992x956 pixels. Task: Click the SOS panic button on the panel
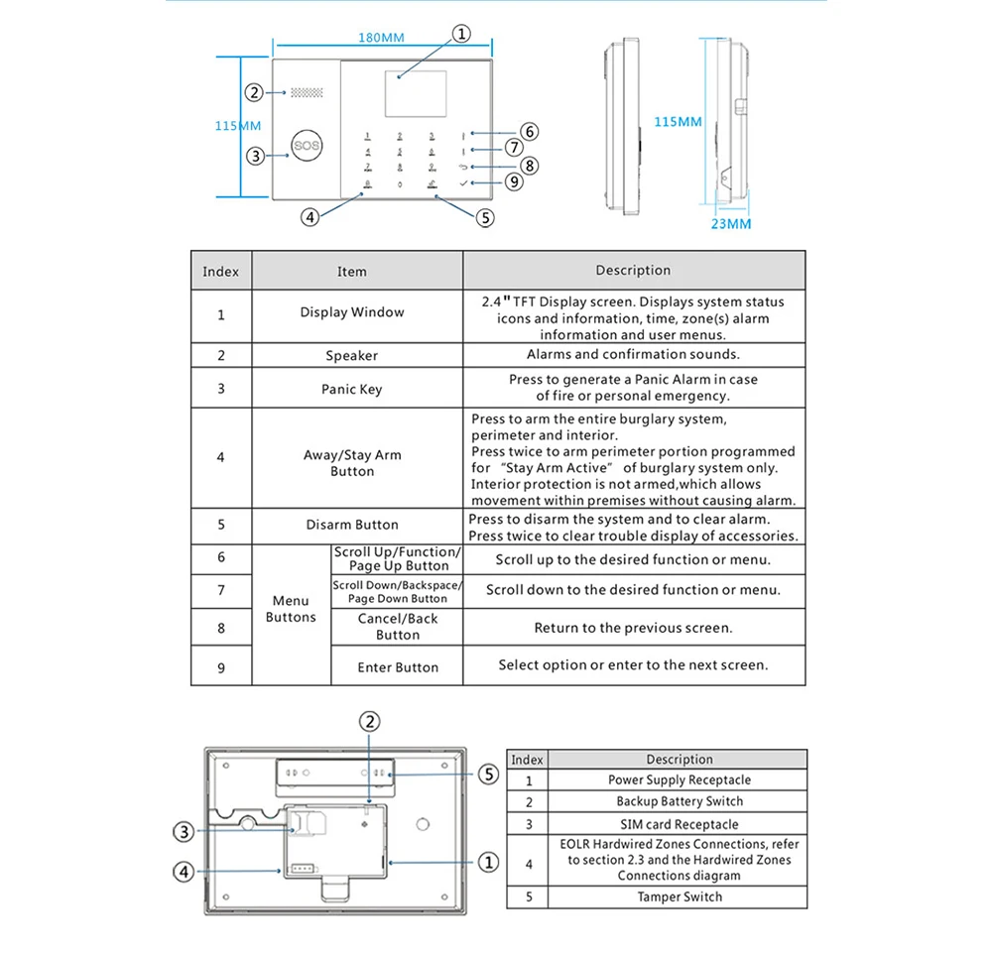tap(301, 146)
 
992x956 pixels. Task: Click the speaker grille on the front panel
tap(306, 92)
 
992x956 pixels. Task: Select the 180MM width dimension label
tap(380, 38)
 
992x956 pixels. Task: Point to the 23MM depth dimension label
tap(732, 224)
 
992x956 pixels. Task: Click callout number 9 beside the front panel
tap(513, 181)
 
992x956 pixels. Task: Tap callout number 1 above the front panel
tap(461, 34)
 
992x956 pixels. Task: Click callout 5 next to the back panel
tap(488, 775)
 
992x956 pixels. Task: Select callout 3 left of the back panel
tap(184, 832)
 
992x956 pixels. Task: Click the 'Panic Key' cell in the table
tap(351, 389)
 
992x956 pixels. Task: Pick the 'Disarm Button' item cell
tap(351, 525)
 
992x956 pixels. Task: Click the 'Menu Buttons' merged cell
tap(291, 609)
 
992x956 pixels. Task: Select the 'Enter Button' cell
tap(398, 667)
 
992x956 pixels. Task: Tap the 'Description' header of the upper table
tap(633, 270)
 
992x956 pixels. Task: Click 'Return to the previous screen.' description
tap(633, 628)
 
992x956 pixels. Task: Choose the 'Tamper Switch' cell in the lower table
tap(680, 896)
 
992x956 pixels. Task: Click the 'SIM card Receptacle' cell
tap(680, 824)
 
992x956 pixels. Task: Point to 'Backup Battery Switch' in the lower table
tap(680, 801)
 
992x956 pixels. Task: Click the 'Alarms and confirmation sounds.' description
tap(633, 354)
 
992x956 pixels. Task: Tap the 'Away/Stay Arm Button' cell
tap(351, 463)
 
